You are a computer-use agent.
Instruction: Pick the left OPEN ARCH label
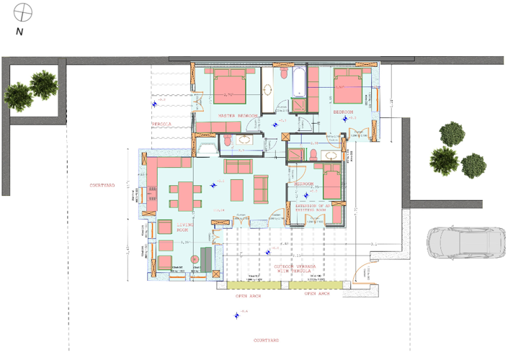pyautogui.click(x=247, y=295)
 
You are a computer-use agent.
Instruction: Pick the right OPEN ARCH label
pyautogui.click(x=316, y=294)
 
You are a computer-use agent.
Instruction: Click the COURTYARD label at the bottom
pyautogui.click(x=267, y=340)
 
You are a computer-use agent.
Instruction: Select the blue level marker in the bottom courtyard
pyautogui.click(x=236, y=314)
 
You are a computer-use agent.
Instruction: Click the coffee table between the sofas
pyautogui.click(x=239, y=186)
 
